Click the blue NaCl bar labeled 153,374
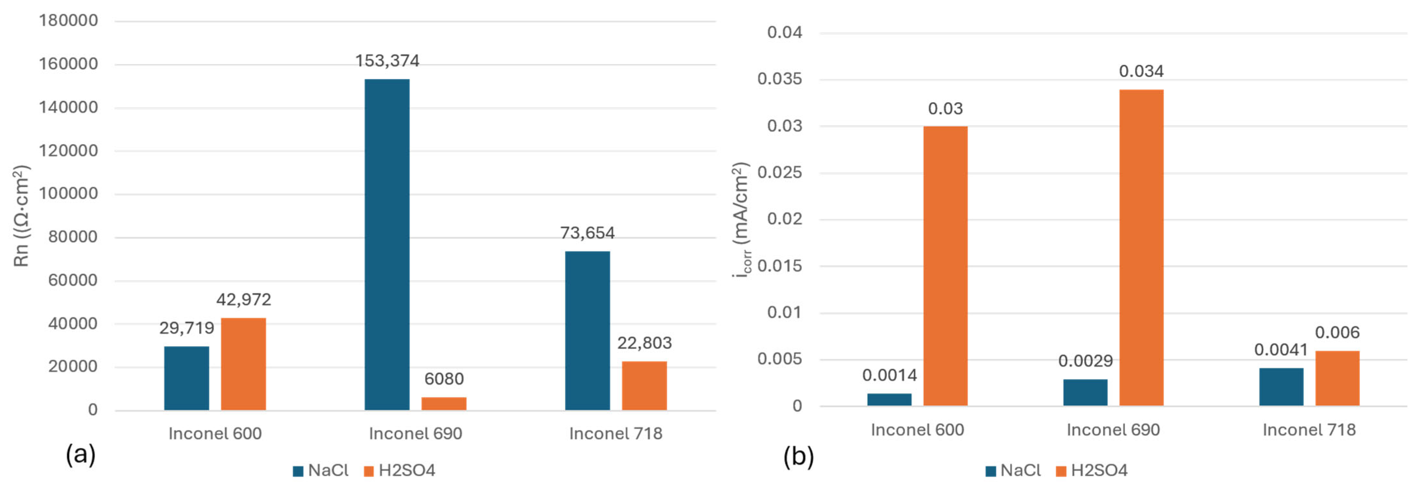pos(387,245)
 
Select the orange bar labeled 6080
pos(444,404)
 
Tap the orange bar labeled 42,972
pos(243,364)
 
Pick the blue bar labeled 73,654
pos(587,331)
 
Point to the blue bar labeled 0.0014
pos(889,399)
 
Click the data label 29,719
pos(187,328)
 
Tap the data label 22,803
pos(644,343)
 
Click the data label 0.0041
pos(1281,350)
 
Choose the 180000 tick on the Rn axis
pos(68,21)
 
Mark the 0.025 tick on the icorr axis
pos(780,173)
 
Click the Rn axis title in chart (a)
pos(22,216)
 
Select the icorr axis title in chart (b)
pos(741,220)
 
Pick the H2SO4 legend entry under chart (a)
pos(399,471)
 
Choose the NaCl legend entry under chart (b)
pos(1013,471)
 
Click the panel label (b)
pos(798,457)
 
